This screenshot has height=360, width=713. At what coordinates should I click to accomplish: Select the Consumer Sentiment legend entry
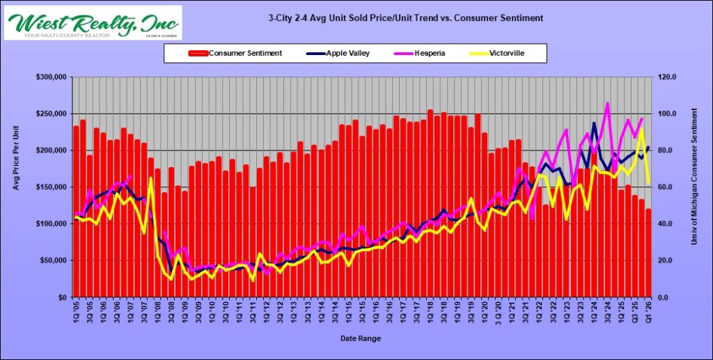pos(235,53)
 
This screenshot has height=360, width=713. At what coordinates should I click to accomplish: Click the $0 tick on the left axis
pos(63,297)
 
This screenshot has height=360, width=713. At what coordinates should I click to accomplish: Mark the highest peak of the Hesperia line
pos(607,103)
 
